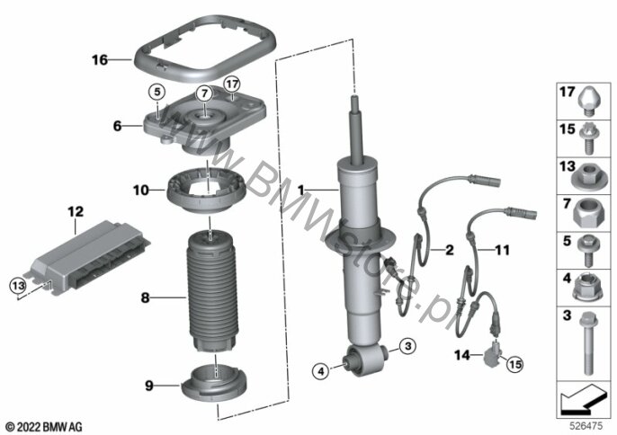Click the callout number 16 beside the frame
click(99, 60)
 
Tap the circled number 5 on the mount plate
click(155, 92)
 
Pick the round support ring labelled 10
click(209, 191)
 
